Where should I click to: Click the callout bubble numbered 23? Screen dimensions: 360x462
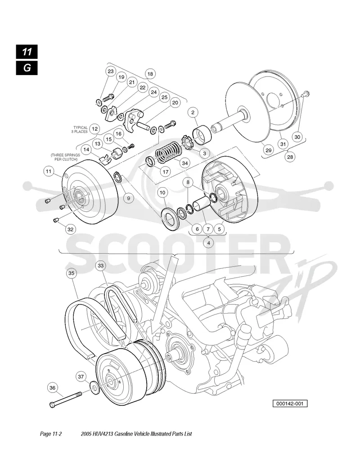coord(111,72)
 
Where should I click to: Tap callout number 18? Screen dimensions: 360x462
coord(150,74)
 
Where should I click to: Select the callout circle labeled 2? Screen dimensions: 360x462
coord(193,112)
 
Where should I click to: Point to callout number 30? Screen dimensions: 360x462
coord(297,137)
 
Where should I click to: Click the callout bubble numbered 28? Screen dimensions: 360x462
coord(290,157)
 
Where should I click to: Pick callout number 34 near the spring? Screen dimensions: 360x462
coord(185,163)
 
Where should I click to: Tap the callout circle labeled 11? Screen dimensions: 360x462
coord(49,171)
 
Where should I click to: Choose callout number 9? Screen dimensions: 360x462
coord(129,198)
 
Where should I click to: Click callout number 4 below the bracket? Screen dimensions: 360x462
coord(209,243)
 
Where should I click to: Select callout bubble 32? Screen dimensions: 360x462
coord(70,229)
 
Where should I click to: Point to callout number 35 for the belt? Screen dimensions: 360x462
coord(72,273)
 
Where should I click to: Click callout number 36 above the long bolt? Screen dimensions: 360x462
coord(53,388)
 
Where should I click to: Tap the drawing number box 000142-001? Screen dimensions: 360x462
coord(290,404)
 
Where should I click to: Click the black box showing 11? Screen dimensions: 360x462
coord(27,52)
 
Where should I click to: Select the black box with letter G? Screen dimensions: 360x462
coord(27,68)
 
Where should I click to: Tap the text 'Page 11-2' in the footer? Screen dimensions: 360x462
coord(51,434)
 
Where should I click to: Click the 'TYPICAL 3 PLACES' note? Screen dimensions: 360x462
coord(79,130)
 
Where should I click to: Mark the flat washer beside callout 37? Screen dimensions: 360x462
coord(94,387)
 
